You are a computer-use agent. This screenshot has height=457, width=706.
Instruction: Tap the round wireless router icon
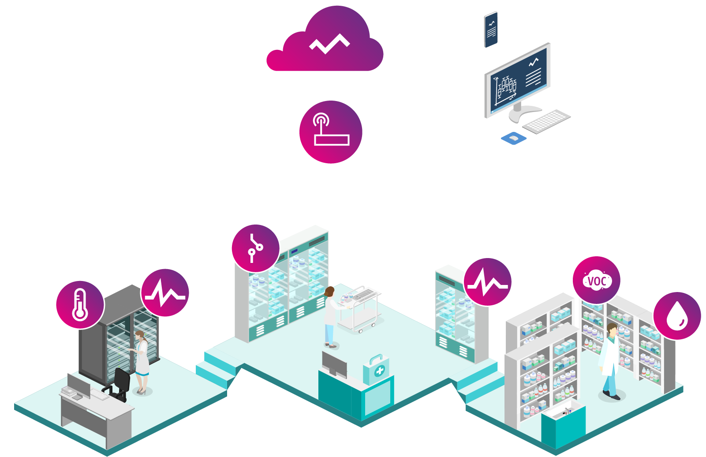coord(331,132)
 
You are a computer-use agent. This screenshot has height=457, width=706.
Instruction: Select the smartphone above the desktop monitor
coord(491,30)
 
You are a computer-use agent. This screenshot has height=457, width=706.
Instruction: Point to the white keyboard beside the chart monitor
coord(547,121)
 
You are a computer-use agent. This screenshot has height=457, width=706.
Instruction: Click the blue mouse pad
coord(514,139)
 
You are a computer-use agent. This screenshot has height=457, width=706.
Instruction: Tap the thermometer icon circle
coord(80,305)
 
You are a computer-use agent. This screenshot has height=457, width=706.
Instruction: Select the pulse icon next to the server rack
coord(165,293)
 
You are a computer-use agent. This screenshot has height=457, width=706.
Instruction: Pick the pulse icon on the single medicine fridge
coord(487,282)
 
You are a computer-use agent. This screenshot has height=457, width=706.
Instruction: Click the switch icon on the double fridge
coord(256,248)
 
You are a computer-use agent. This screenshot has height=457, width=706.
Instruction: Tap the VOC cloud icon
coord(597,280)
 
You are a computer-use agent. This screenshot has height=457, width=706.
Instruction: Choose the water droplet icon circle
coord(677,316)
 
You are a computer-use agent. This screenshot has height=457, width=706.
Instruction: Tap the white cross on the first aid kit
coord(379,371)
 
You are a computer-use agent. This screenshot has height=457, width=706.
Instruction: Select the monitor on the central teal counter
coord(334,364)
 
